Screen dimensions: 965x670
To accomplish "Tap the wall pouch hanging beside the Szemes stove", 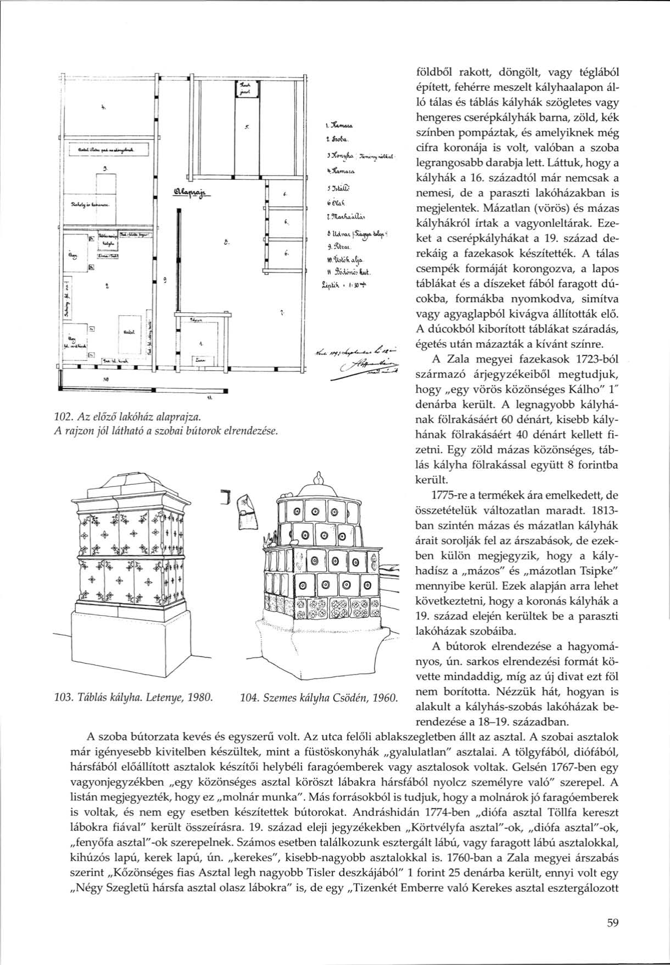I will [x=245, y=510].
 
